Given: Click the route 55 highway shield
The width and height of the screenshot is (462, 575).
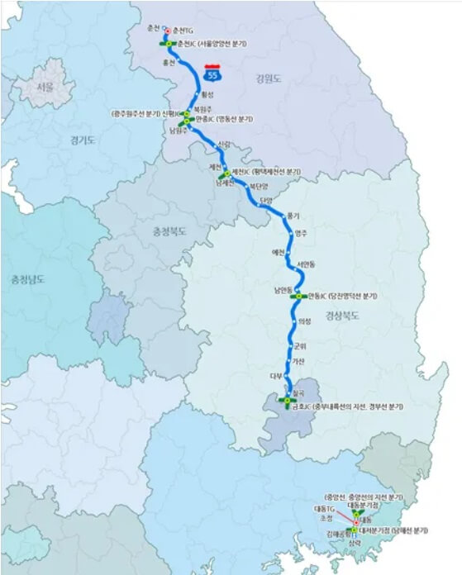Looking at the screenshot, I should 216,76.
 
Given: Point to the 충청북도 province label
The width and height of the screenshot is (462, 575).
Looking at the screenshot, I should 169,232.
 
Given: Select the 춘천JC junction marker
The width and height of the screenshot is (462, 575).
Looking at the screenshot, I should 169,42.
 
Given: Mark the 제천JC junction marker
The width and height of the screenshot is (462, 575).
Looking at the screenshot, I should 225,173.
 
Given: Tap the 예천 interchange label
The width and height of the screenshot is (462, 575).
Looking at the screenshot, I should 278,251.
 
